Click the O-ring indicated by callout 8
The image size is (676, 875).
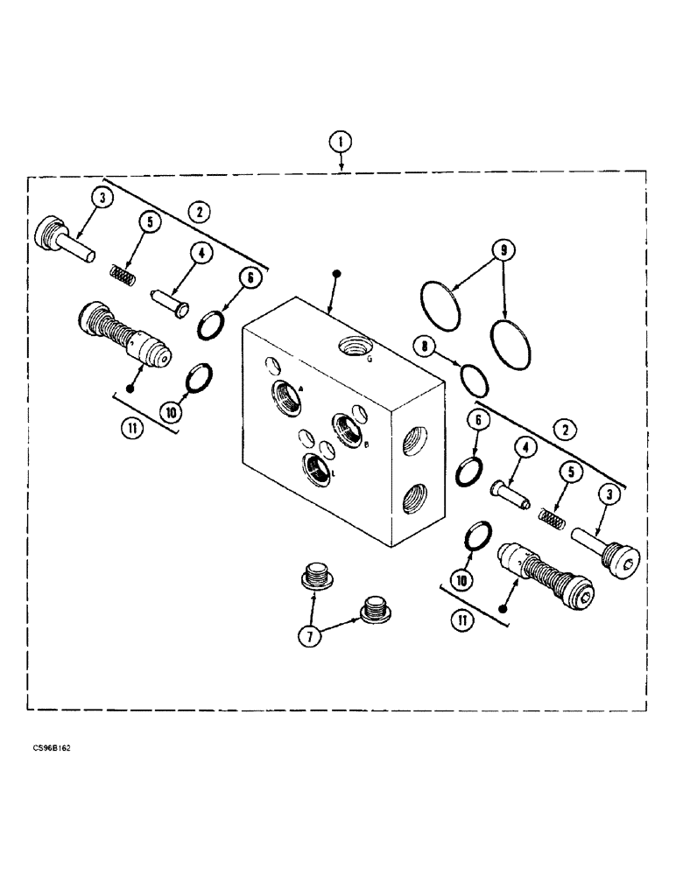[474, 378]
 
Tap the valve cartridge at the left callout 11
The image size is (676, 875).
[122, 334]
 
